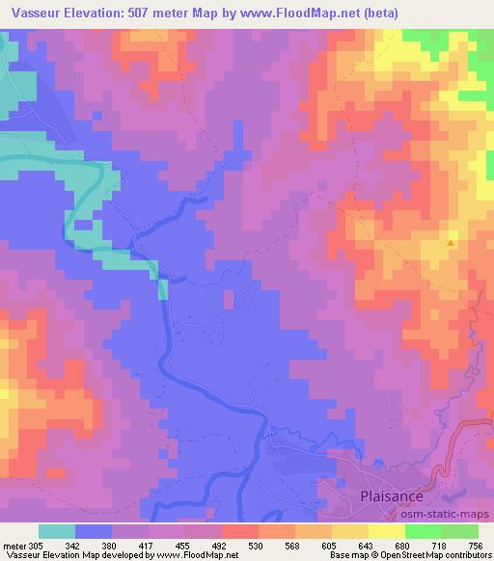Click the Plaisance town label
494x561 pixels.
(x=393, y=497)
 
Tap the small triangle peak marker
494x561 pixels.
(x=450, y=242)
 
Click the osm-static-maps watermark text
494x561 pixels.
(x=449, y=515)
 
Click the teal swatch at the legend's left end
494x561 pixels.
(x=57, y=530)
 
